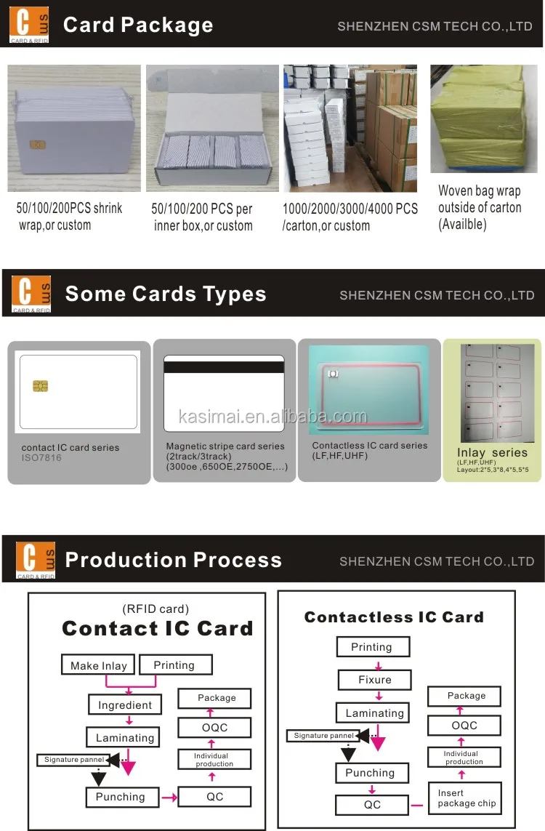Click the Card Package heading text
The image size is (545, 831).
pos(138,25)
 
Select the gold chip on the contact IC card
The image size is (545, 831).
pos(41,385)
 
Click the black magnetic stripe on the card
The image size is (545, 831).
pos(224,367)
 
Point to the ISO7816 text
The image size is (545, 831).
pos(41,458)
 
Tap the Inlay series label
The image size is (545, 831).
pos(493,452)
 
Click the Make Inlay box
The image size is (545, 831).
pos(99,665)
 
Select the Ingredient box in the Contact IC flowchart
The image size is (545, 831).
pos(125,704)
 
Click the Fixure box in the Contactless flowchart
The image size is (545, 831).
pos(374,680)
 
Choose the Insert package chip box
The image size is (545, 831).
pos(467,798)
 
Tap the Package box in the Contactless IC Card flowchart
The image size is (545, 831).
pos(466,696)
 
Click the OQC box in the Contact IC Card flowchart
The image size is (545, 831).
pos(214,727)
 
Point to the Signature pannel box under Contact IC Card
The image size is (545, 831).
pos(72,760)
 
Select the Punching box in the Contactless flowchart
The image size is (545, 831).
pos(370,773)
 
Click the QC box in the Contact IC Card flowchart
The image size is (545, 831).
pos(214,797)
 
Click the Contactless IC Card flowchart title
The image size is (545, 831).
pos(393,617)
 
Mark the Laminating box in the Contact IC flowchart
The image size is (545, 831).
pos(125,737)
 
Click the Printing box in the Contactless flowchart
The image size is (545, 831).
pos(371,647)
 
